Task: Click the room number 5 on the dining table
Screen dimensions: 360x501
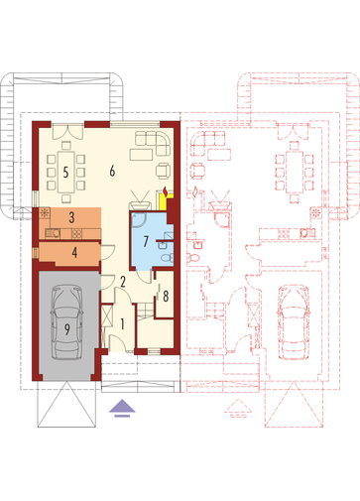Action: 65,173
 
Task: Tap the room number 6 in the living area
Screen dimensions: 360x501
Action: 112,171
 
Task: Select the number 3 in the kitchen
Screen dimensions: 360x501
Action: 71,217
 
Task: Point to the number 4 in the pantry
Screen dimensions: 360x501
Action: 74,252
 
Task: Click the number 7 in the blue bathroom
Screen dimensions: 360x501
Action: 146,241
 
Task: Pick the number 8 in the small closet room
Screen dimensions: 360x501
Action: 166,296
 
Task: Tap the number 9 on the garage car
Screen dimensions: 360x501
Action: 67,329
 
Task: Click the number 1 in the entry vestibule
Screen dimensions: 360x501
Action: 122,324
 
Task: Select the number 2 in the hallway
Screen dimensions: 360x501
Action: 123,282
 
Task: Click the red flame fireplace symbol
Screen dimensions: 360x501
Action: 165,191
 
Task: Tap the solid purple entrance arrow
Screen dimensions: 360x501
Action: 122,408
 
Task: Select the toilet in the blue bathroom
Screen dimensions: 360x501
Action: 167,257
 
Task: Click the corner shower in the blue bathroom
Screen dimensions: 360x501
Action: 139,220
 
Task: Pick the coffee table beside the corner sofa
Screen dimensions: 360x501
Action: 141,155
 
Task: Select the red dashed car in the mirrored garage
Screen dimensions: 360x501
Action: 294,322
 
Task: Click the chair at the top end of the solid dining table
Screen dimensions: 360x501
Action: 66,145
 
